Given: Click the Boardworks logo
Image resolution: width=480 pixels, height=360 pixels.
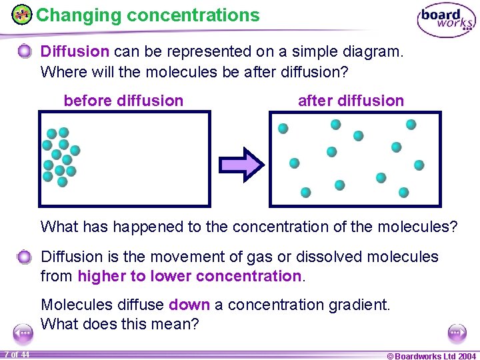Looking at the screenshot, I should click(x=446, y=21).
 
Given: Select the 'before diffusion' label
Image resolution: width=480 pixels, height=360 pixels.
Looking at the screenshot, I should click(x=123, y=101).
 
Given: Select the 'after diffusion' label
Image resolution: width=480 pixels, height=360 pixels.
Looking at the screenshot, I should click(x=351, y=101).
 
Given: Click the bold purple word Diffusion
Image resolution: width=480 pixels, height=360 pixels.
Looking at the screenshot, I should click(x=75, y=51).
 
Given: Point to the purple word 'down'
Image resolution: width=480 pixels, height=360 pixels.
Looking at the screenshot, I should click(x=189, y=305).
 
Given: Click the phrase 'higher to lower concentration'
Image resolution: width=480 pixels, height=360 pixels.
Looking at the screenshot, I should click(x=190, y=276).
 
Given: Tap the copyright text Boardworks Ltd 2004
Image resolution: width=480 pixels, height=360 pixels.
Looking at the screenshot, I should click(x=432, y=355).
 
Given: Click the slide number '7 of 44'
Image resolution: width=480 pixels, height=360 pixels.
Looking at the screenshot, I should click(x=17, y=354).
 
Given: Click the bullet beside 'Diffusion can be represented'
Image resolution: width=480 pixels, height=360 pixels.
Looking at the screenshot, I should click(x=24, y=51).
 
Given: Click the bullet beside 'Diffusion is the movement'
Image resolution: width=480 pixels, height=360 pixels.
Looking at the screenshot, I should click(x=24, y=257).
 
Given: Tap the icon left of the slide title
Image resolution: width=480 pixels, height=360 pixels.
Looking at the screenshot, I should click(x=22, y=14).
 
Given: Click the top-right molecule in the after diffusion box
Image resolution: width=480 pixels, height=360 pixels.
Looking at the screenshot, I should click(x=411, y=124).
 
